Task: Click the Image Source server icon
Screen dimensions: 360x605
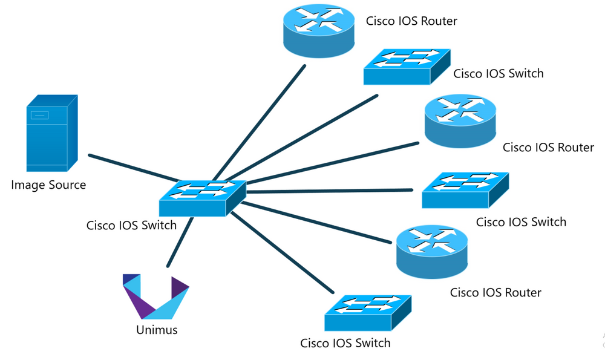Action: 51,133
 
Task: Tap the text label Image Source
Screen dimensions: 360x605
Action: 48,185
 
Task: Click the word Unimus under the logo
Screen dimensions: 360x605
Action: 156,330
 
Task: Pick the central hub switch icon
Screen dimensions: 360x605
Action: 203,197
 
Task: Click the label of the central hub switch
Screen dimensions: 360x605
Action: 131,226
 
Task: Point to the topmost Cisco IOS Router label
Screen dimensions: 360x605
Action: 411,21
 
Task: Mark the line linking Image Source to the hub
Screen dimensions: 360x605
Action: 133,168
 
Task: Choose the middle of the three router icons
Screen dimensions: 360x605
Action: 460,121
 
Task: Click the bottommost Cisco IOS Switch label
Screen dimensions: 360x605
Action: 345,343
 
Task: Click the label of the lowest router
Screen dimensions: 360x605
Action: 495,293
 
